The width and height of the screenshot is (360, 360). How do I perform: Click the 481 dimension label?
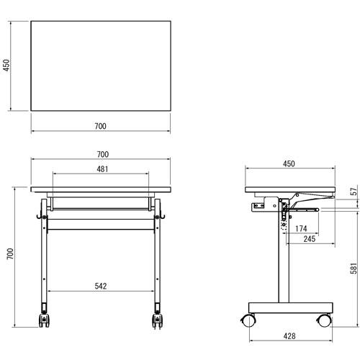102,169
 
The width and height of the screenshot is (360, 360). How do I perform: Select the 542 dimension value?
101,286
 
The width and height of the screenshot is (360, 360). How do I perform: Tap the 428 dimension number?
289,336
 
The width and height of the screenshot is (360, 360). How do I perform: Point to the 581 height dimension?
354,269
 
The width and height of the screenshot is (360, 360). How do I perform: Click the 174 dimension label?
301,228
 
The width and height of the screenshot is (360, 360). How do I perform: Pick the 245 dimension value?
310,239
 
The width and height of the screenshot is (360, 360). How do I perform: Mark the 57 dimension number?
354,192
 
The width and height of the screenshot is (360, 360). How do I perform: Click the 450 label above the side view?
289,163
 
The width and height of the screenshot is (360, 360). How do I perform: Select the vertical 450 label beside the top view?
6,66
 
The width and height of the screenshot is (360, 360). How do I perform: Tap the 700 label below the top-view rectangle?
100,126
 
